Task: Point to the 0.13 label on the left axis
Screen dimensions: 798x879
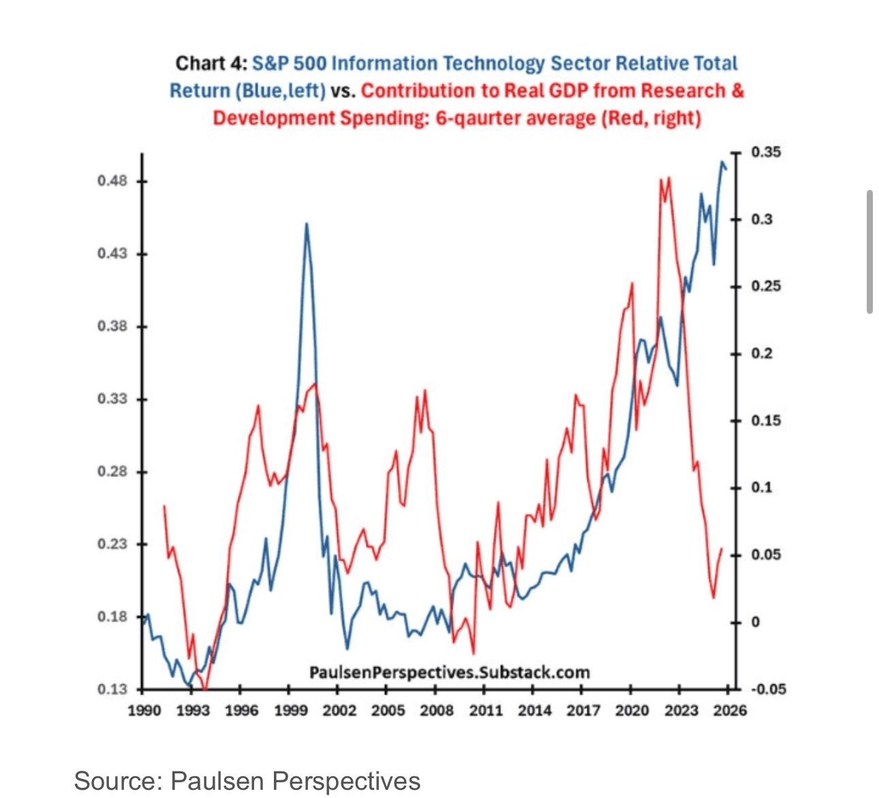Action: pos(112,689)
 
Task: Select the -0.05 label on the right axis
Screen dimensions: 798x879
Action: pos(769,689)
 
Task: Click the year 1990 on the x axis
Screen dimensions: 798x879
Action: pos(144,711)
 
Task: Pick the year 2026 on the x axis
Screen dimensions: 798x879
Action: pos(730,711)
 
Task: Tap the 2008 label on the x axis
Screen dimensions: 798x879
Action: pos(437,711)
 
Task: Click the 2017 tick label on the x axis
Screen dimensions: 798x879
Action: pos(583,711)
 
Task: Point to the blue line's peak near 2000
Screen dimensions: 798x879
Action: pos(307,224)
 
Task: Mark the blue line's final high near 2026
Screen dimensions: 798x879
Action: pos(722,162)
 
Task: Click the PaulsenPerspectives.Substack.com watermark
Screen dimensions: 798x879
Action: pos(450,673)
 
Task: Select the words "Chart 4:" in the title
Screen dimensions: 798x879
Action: pos(211,63)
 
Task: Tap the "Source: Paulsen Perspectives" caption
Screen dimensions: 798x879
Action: pos(247,780)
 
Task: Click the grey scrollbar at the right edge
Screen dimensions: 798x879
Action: pos(869,252)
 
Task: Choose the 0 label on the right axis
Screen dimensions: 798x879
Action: pos(755,622)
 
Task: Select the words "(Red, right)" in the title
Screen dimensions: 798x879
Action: pos(651,118)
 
